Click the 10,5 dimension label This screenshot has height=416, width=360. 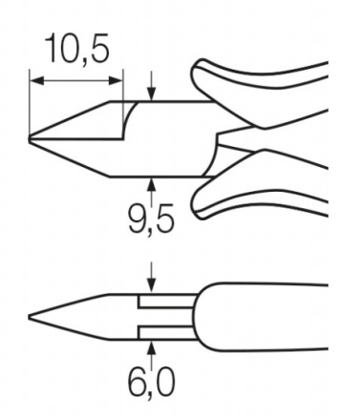pyautogui.click(x=77, y=49)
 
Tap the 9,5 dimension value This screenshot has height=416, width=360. pyautogui.click(x=151, y=218)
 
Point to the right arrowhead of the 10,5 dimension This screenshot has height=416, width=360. pyautogui.click(x=116, y=81)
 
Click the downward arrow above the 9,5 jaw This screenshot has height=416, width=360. pyautogui.click(x=152, y=86)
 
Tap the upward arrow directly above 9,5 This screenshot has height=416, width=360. pyautogui.click(x=152, y=190)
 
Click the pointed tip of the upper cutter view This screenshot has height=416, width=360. pyautogui.click(x=30, y=139)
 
